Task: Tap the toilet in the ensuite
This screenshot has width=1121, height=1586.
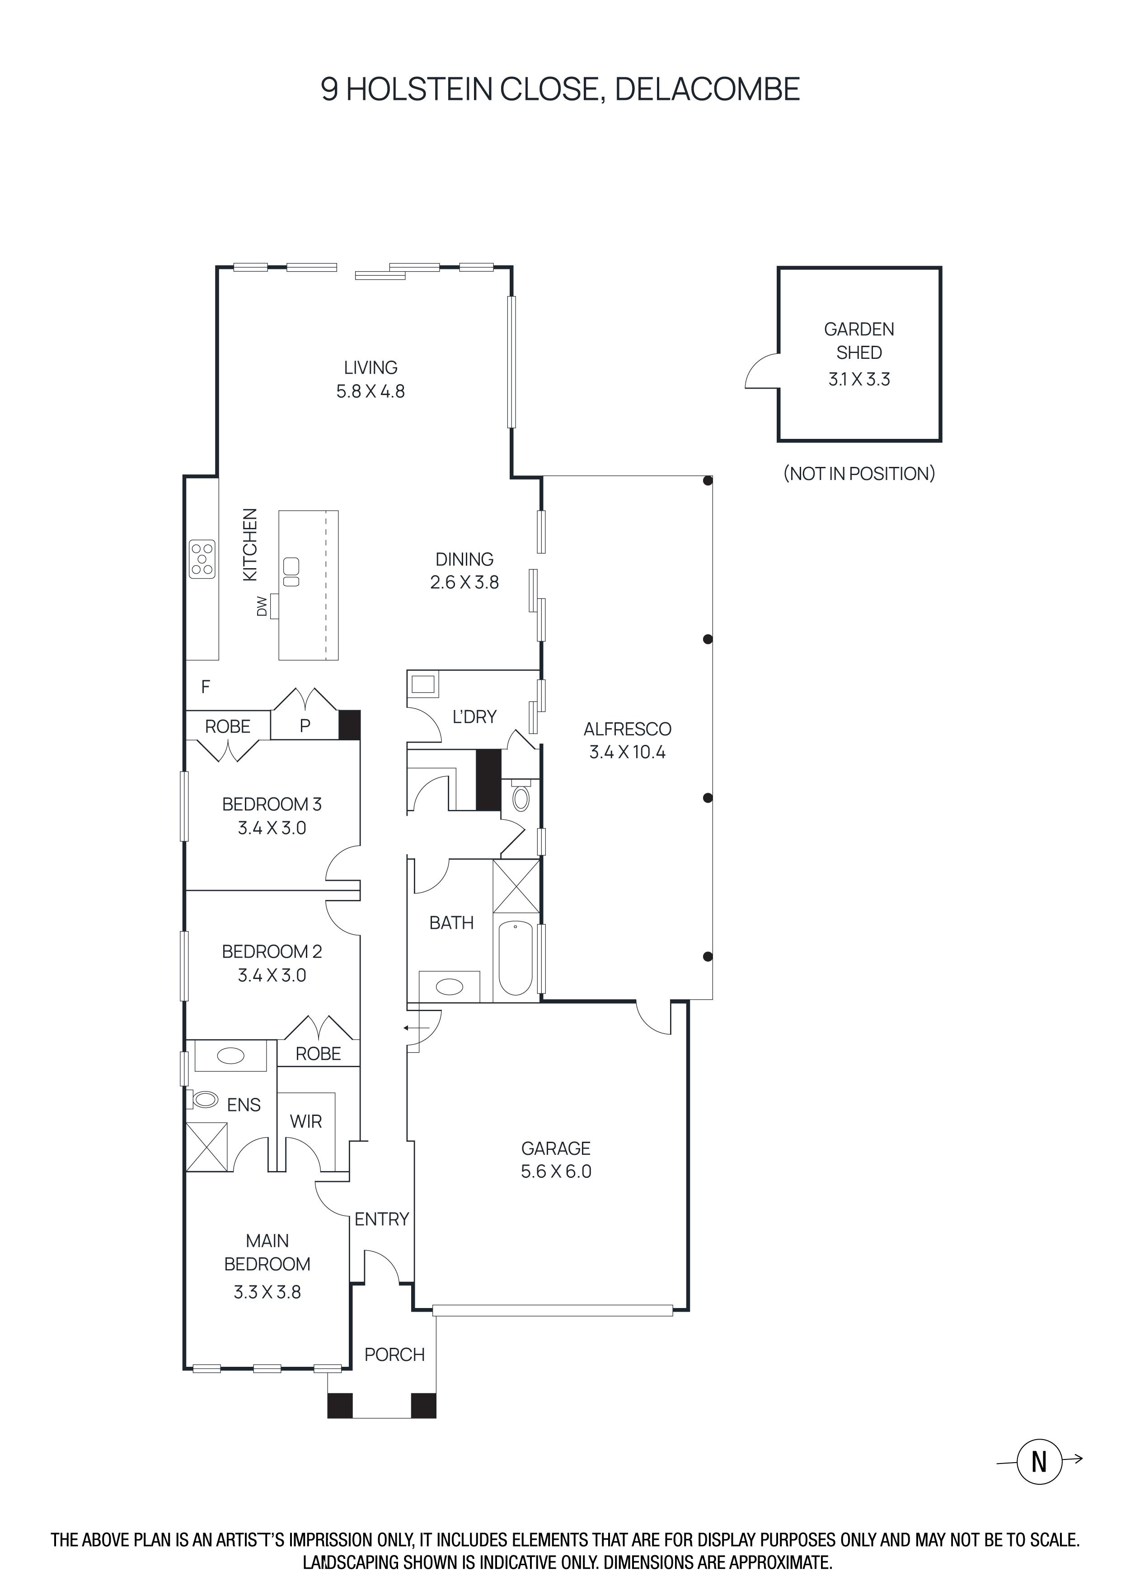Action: pyautogui.click(x=204, y=1099)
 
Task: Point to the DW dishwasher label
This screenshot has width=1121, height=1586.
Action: pyautogui.click(x=262, y=606)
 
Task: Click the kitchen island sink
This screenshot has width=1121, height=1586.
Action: pyautogui.click(x=291, y=570)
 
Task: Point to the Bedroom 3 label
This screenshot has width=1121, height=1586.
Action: pyautogui.click(x=272, y=804)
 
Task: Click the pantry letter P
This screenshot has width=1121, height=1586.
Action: pyautogui.click(x=305, y=725)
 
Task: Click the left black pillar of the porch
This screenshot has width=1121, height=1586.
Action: pyautogui.click(x=340, y=1405)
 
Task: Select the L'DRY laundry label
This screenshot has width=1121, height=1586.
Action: pyautogui.click(x=474, y=717)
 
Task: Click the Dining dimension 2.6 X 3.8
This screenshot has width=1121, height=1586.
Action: pyautogui.click(x=464, y=582)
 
